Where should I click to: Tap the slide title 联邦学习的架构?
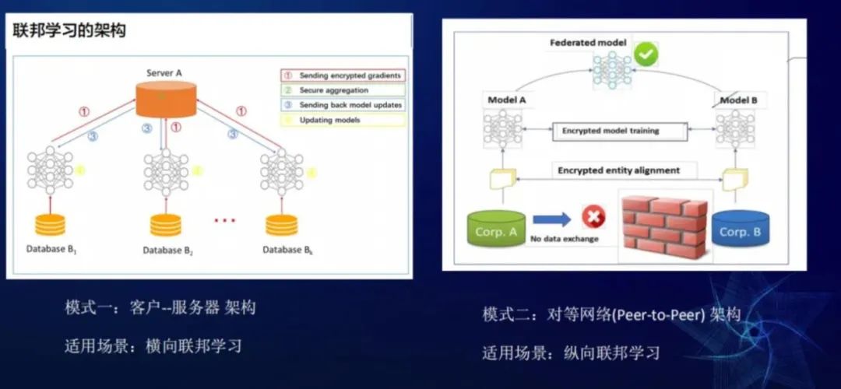[x=69, y=32]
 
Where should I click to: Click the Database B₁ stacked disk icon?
[x=50, y=224]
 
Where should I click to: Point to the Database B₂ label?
[x=167, y=251]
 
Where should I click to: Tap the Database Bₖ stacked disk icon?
[x=281, y=224]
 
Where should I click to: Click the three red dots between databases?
[x=224, y=221]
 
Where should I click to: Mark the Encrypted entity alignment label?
[x=618, y=170]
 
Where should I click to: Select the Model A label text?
[x=507, y=100]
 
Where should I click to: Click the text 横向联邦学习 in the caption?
[x=194, y=345]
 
